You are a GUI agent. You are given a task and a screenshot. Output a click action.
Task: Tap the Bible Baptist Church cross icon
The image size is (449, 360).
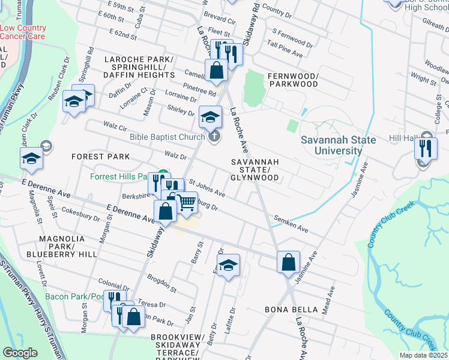[214, 137]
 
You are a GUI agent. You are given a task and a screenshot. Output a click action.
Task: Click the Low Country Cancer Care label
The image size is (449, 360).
[23, 32]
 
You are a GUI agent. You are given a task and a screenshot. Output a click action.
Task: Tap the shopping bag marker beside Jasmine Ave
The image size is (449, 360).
[288, 262]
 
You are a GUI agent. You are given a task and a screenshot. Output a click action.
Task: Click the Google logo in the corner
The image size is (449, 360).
[20, 353]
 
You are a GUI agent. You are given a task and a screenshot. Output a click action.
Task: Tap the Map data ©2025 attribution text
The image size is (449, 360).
[423, 355]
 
